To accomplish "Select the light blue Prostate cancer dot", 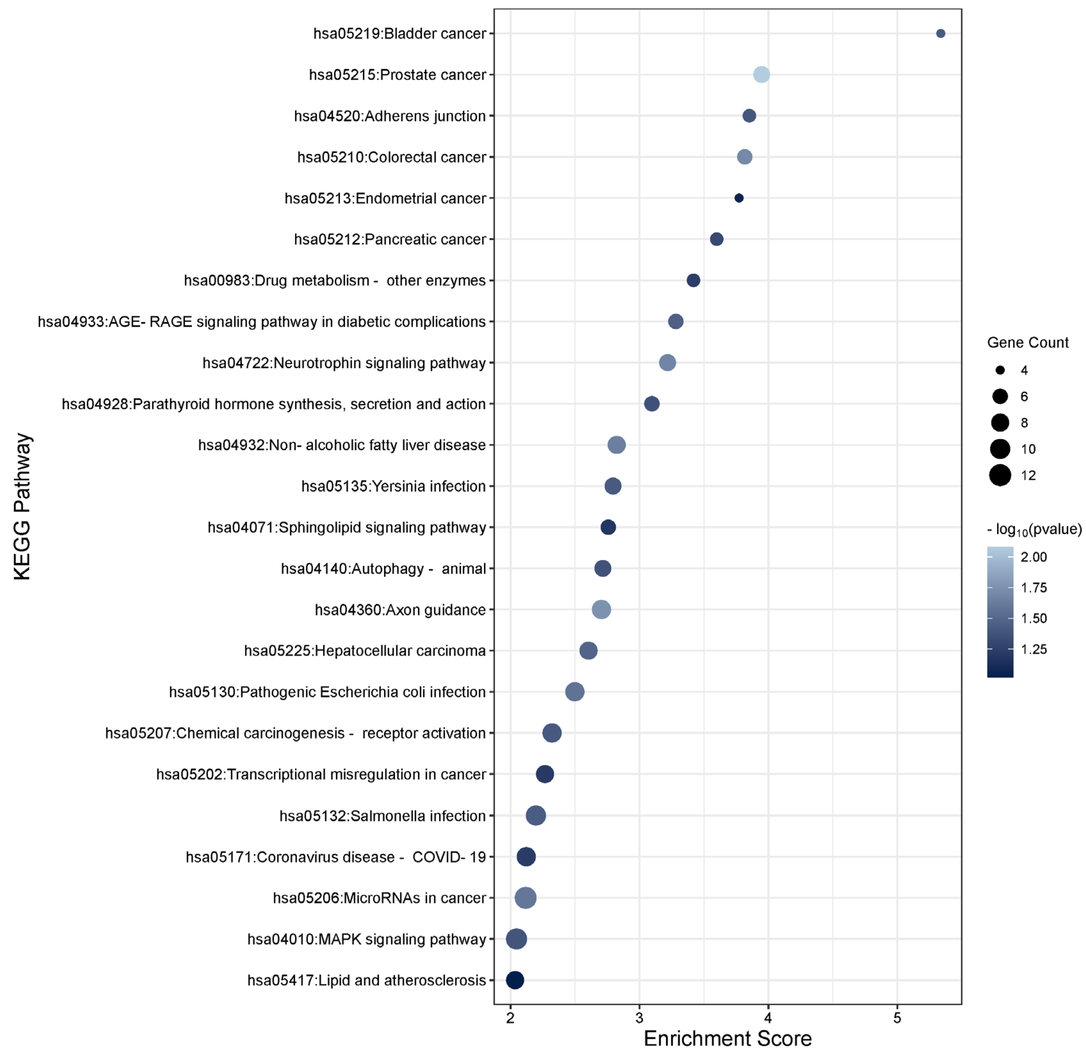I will [761, 74].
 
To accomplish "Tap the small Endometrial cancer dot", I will [739, 198].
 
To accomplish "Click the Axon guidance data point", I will [601, 609].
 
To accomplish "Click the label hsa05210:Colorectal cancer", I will [391, 157].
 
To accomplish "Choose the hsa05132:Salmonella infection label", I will [382, 816].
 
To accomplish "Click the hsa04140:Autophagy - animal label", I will [383, 568].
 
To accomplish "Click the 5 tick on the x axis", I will [897, 1017].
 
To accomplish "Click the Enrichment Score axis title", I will [728, 1038].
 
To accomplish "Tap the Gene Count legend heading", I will [1027, 342].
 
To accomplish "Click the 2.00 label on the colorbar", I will [1033, 557].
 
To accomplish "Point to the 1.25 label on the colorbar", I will [1033, 649].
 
